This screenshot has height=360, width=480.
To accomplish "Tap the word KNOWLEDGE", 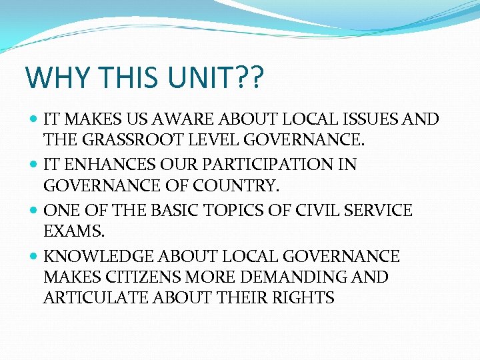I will tap(97, 257).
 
